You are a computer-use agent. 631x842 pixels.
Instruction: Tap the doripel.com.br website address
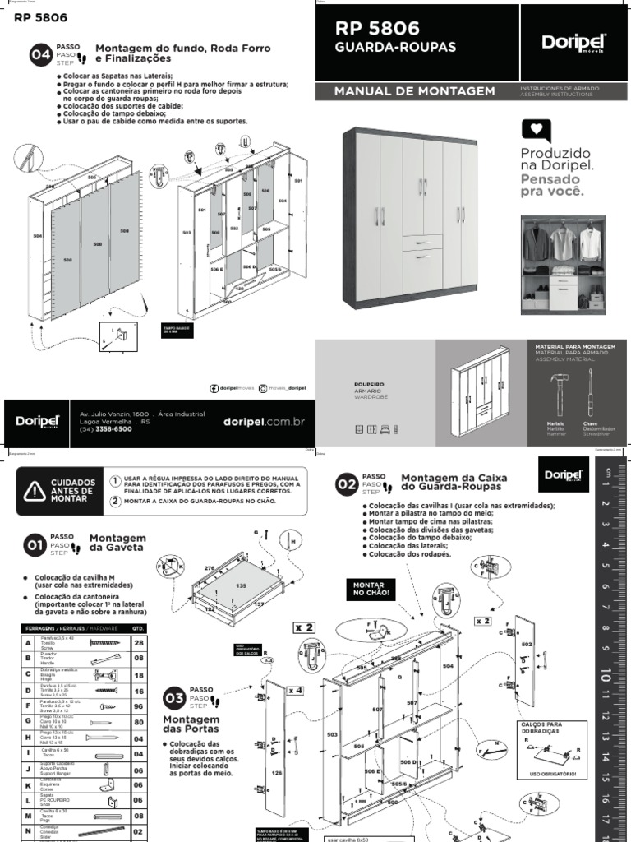point(264,421)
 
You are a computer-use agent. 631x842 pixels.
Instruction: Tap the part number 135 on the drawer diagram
point(242,585)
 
